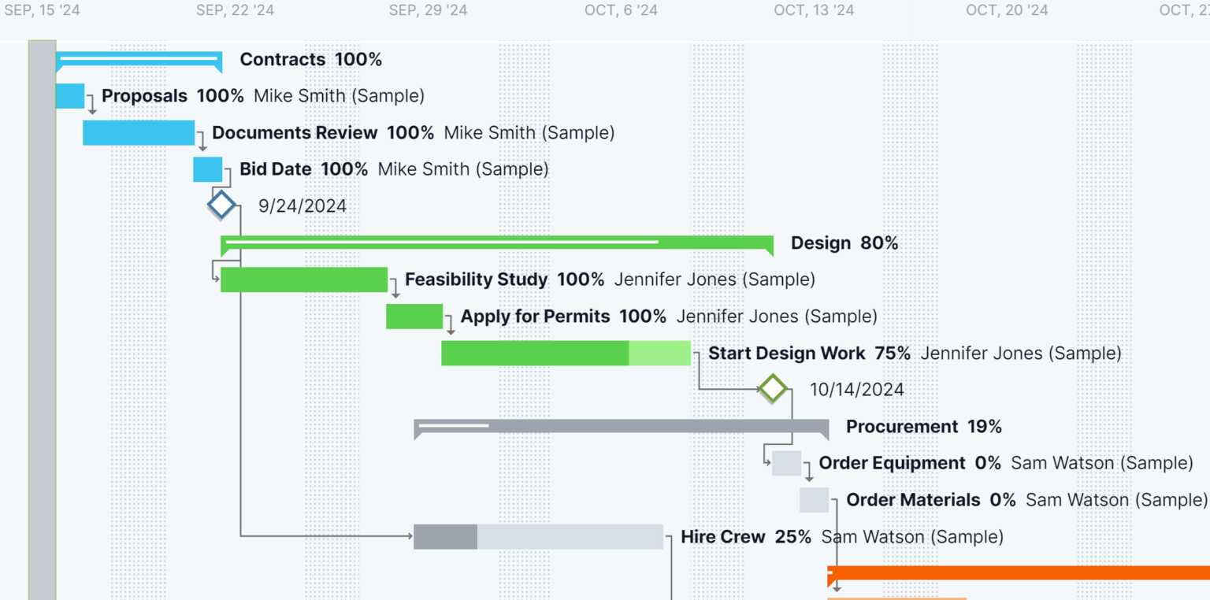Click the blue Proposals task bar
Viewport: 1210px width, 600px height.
point(69,95)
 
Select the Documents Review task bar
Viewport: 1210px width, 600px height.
point(139,132)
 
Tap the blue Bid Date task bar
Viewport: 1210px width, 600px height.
point(207,169)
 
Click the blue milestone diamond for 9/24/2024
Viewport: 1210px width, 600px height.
point(221,206)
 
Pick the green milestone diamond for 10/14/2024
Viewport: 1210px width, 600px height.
point(773,389)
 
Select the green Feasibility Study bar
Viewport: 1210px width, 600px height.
point(304,280)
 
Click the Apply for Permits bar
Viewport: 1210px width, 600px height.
point(414,316)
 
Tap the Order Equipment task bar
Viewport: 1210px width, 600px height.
point(786,463)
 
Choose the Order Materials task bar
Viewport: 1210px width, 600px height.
point(814,500)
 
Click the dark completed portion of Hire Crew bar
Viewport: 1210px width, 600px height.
point(445,536)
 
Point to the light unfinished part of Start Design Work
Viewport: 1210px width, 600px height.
point(659,353)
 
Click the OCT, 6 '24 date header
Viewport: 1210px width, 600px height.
point(621,10)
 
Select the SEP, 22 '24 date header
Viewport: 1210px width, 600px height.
point(235,10)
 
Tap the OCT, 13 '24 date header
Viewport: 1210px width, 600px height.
point(814,10)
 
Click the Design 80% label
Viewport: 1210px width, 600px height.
point(844,243)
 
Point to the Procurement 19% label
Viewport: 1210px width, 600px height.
point(923,427)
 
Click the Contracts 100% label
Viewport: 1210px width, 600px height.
point(310,59)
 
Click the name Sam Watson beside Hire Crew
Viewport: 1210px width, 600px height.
point(912,537)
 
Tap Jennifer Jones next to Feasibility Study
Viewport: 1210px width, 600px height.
point(714,280)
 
